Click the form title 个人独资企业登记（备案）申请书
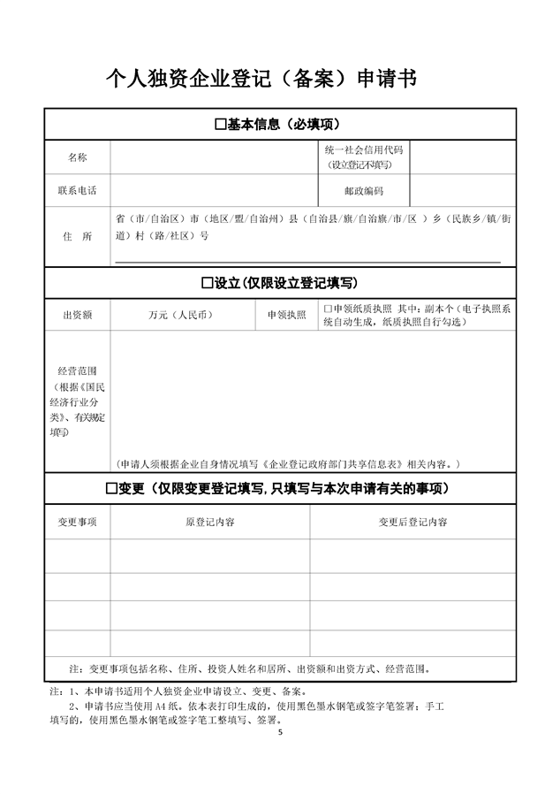coord(261,80)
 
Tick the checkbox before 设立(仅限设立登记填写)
coord(208,283)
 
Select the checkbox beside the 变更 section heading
coord(111,489)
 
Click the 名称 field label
coord(78,157)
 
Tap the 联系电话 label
coord(78,191)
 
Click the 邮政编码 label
coord(363,191)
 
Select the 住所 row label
coord(78,237)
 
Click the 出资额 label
coord(78,315)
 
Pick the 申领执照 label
coord(286,315)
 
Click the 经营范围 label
coord(78,370)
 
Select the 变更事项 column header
coord(78,523)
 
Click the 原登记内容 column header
coord(209,523)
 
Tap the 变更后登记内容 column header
coord(412,523)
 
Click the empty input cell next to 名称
coord(215,157)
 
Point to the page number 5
coord(280,733)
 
